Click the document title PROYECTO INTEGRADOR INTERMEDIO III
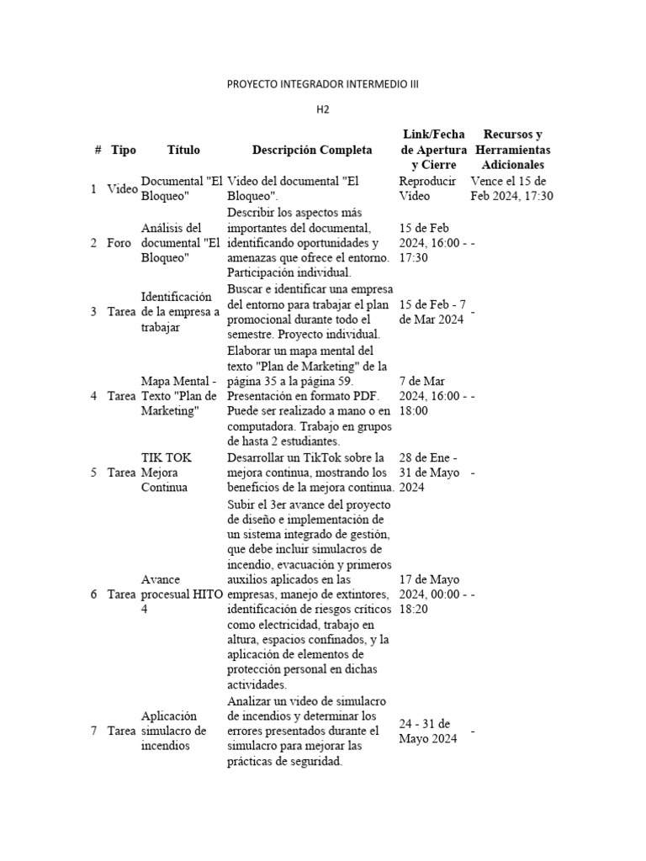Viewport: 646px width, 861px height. click(322, 85)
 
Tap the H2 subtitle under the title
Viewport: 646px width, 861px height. click(323, 109)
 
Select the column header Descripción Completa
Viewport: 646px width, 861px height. click(311, 151)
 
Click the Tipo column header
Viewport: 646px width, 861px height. click(123, 151)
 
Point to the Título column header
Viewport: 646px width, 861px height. click(183, 151)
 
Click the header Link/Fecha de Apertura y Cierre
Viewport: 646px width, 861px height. click(433, 150)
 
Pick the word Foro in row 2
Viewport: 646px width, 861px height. click(119, 243)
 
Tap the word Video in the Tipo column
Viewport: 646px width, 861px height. click(122, 189)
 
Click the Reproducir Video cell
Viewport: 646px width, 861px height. click(427, 189)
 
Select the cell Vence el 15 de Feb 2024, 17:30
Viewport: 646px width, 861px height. click(511, 189)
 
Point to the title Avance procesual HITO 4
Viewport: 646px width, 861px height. click(182, 594)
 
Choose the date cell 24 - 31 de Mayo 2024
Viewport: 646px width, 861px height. click(428, 732)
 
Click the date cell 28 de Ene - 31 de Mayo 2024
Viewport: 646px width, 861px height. click(429, 473)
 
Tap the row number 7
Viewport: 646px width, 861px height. click(93, 732)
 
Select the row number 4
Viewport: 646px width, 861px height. click(93, 396)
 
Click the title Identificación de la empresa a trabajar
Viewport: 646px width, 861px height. click(180, 312)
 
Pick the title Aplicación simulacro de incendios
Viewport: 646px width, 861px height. click(173, 731)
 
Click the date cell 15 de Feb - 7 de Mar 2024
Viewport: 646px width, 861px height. click(432, 312)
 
